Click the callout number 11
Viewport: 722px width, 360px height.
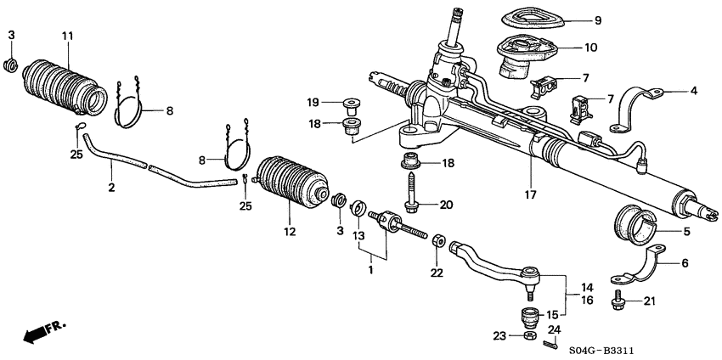pos(68,35)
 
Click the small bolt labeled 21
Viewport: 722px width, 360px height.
pos(617,299)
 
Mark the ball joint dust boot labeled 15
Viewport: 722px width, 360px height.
pos(531,320)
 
